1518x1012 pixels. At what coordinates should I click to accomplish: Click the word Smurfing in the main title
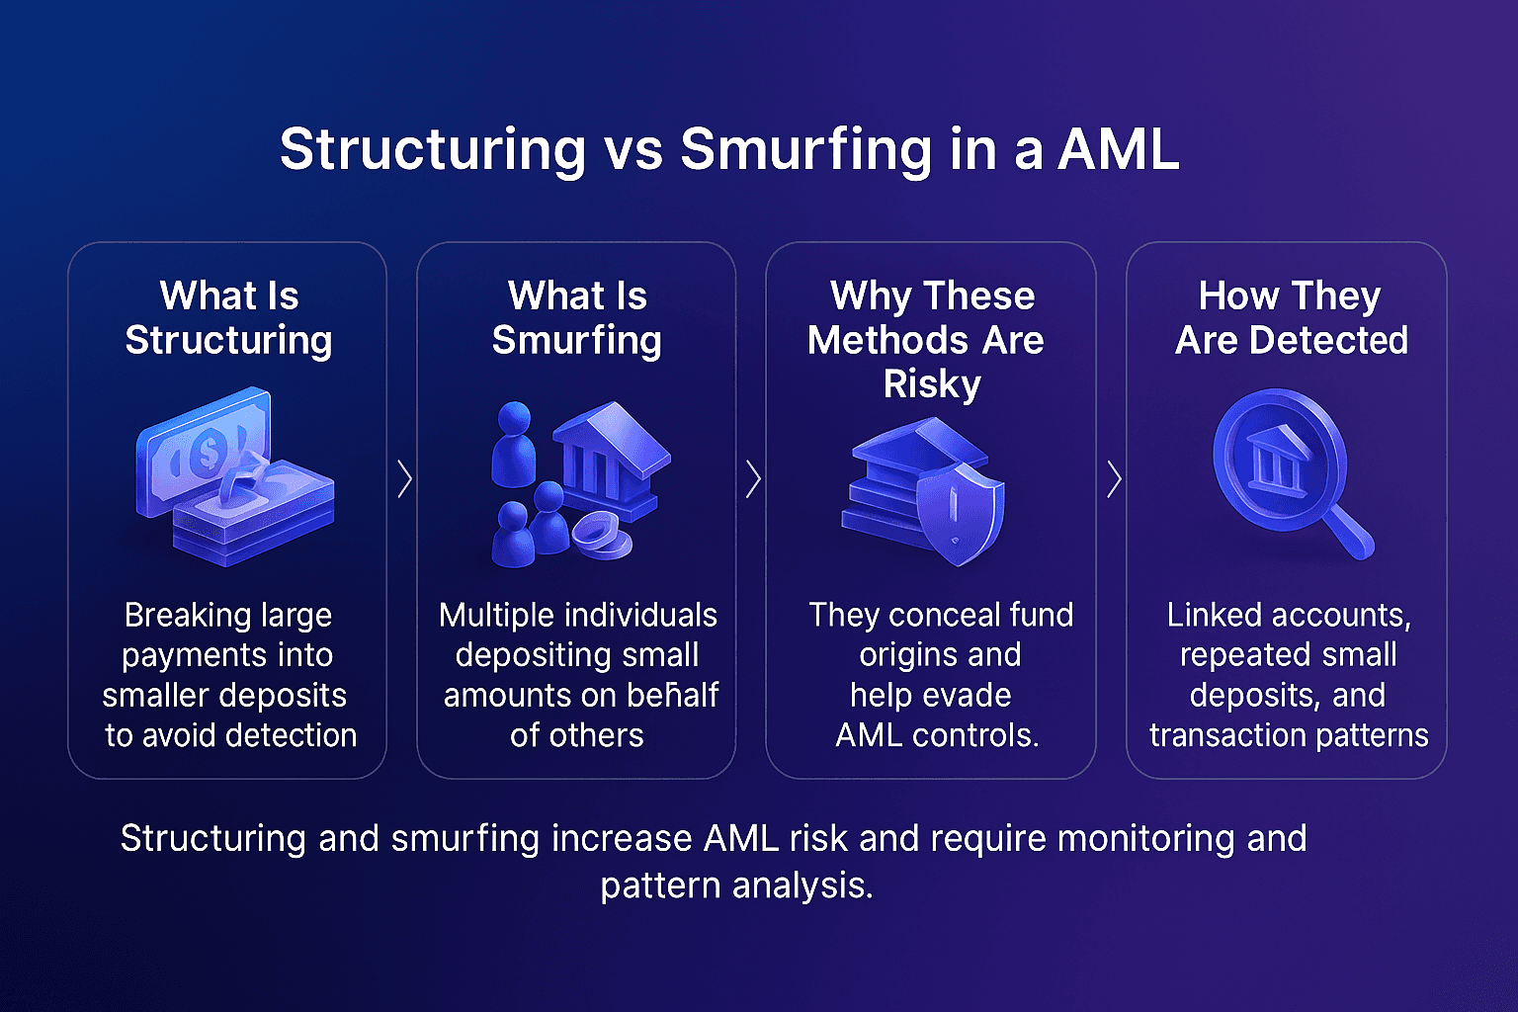804,150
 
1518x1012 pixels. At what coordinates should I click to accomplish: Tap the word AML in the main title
1118,150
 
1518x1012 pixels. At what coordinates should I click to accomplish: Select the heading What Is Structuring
228,317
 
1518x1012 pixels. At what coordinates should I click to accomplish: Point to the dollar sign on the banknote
209,453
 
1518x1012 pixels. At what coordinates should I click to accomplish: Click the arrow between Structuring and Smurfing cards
403,479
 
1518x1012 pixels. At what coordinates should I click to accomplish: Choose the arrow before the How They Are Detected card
1114,479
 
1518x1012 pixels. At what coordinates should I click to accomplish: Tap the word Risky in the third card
931,384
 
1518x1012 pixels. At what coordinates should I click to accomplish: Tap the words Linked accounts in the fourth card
1288,616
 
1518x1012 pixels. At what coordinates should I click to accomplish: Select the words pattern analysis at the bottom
736,885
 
